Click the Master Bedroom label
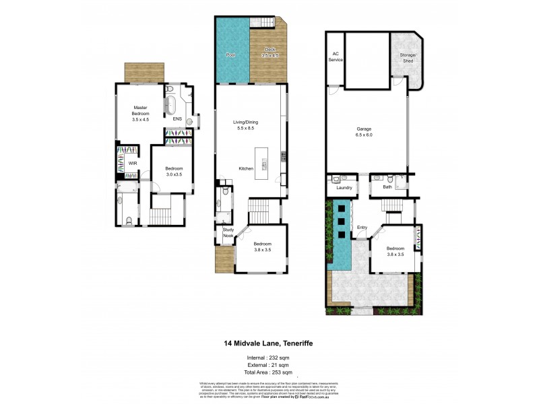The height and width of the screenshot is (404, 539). (140, 113)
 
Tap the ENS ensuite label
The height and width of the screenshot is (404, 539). (177, 119)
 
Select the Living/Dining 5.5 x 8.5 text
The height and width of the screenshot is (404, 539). (246, 125)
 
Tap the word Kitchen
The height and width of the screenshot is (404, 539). (245, 168)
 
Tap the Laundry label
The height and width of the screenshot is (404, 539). (344, 188)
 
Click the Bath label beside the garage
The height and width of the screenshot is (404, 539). (387, 188)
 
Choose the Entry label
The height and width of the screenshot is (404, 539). (362, 227)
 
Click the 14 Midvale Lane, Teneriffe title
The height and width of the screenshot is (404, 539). (269, 343)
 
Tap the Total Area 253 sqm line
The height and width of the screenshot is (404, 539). (269, 372)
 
